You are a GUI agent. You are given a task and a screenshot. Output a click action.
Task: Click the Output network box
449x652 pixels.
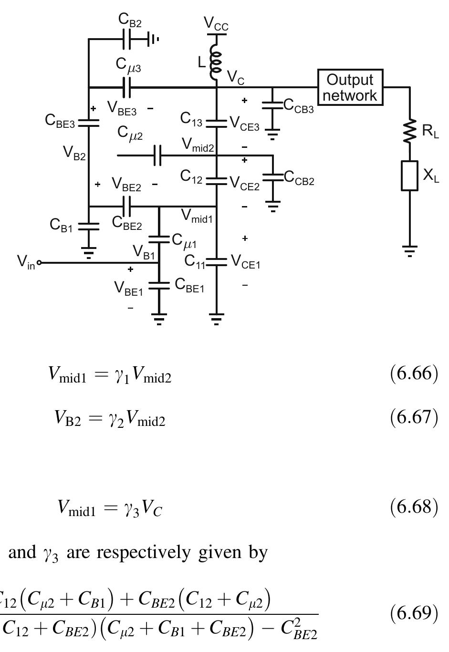point(350,87)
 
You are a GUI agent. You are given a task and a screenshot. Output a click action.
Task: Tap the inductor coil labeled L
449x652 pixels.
point(216,62)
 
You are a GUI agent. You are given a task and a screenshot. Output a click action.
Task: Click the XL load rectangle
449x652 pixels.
point(409,176)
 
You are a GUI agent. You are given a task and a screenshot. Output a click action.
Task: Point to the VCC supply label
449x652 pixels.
point(216,24)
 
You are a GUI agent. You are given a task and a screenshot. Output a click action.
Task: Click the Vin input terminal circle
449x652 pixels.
point(39,262)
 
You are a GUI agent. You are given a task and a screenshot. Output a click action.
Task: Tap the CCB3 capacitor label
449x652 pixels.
point(299,106)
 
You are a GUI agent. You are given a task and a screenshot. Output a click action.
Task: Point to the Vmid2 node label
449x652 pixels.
point(198,146)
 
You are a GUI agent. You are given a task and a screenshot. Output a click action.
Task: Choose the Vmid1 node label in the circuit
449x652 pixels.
point(197,217)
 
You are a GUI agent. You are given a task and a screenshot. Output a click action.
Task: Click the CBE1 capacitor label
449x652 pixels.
point(189,285)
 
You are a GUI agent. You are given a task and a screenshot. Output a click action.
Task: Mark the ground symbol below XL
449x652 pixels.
point(409,251)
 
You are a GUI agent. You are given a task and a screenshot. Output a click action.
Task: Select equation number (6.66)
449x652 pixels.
point(414,373)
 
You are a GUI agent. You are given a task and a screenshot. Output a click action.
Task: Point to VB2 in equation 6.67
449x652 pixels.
point(67,418)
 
